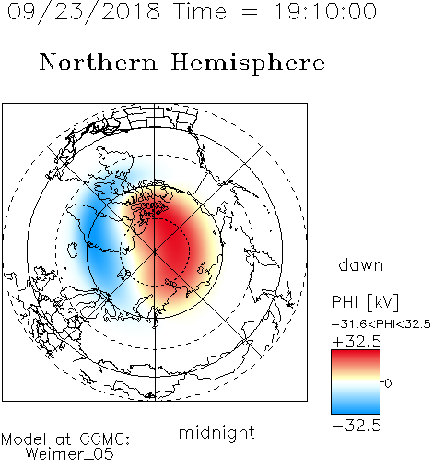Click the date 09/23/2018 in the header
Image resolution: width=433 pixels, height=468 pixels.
click(x=84, y=12)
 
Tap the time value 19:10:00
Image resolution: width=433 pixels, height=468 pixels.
click(x=325, y=11)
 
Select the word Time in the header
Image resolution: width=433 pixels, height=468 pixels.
click(x=200, y=11)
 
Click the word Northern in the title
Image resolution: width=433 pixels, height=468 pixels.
click(x=98, y=62)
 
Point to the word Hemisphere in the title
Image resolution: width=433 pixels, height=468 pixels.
click(x=248, y=64)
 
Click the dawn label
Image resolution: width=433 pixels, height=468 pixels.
click(x=361, y=264)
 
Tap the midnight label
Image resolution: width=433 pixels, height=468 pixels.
click(x=216, y=432)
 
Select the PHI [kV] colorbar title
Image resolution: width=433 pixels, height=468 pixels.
click(x=365, y=302)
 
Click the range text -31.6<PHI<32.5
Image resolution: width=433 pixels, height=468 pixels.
click(x=381, y=324)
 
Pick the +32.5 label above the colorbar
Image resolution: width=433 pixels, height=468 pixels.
click(x=357, y=342)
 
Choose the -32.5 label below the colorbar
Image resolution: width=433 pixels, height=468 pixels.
click(x=357, y=426)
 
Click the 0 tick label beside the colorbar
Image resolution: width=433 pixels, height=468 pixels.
click(x=388, y=383)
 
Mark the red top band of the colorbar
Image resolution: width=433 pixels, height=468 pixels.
click(x=356, y=357)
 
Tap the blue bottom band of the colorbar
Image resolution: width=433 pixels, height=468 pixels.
click(x=356, y=407)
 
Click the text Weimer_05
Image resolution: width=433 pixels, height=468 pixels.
click(x=70, y=454)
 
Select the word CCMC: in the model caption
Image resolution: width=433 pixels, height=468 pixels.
click(x=105, y=439)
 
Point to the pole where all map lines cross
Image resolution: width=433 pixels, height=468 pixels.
click(x=155, y=252)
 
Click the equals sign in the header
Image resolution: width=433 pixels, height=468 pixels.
click(x=250, y=12)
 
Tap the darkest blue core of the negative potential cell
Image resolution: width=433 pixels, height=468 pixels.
click(x=98, y=242)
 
